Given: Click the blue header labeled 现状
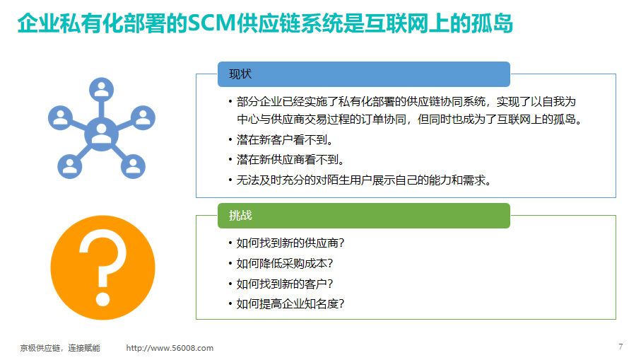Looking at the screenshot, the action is [364, 74].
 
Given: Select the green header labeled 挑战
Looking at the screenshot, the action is [364, 216].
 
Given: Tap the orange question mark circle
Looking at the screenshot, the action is [103, 267].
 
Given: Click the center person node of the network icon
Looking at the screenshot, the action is [101, 134].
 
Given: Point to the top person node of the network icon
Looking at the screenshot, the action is [101, 90].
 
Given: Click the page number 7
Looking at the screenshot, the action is [621, 347].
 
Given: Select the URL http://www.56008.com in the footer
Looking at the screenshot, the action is [170, 348].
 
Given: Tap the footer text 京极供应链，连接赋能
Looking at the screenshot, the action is [60, 348].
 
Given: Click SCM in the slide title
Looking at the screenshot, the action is [212, 23].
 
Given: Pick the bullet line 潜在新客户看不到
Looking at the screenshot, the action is [285, 140].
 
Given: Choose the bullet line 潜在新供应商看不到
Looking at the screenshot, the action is [290, 160].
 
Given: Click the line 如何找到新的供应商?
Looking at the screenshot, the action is [290, 243].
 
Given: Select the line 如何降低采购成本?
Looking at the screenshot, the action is [285, 263].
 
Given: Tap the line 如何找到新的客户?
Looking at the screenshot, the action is [285, 284].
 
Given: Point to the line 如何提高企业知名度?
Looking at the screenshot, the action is [290, 304].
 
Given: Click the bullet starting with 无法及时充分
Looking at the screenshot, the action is [364, 180].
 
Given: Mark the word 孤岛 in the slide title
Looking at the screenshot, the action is [492, 23].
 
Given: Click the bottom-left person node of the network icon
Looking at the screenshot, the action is [69, 166].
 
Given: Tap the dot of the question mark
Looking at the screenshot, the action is [102, 298].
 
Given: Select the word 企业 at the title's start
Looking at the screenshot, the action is [38, 23].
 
